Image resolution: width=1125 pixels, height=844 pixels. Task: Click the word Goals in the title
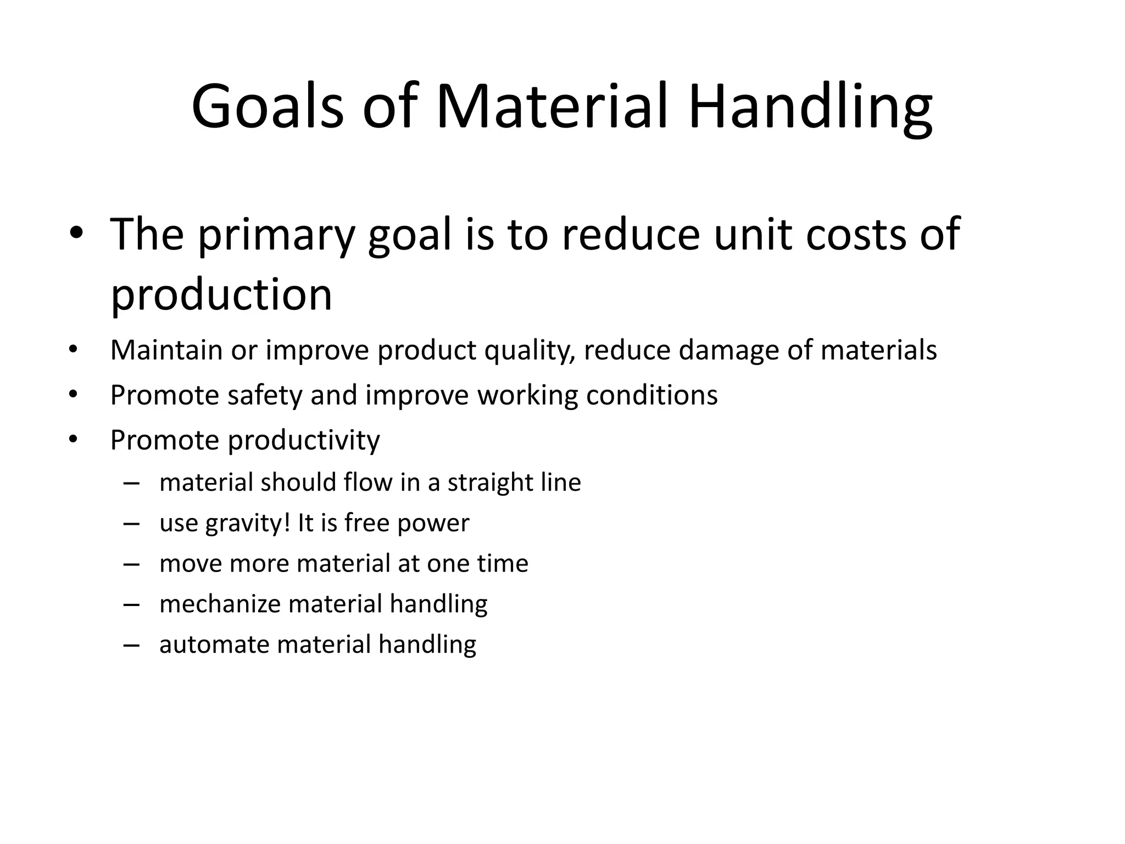pos(268,106)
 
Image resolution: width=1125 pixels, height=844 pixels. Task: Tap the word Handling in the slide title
pos(810,106)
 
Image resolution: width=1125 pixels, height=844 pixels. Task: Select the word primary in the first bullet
pos(276,235)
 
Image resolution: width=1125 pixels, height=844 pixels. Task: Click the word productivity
pos(303,440)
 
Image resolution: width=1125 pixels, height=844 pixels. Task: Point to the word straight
pos(490,483)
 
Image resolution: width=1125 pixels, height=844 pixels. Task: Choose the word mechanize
pos(220,604)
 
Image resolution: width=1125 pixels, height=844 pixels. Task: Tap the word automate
pos(214,645)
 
